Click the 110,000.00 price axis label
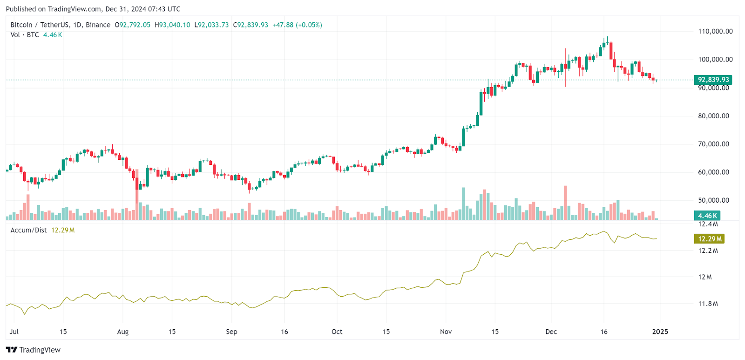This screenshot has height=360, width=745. click(715, 32)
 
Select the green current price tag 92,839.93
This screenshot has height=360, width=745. click(713, 80)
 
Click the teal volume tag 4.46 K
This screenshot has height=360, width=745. click(707, 216)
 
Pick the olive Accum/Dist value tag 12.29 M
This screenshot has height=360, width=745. click(709, 239)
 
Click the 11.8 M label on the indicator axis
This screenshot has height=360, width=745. click(708, 304)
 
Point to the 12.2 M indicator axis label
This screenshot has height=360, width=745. click(708, 251)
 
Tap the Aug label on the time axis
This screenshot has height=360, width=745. click(122, 332)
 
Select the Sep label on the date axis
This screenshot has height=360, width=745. click(231, 332)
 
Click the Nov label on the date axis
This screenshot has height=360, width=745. click(446, 332)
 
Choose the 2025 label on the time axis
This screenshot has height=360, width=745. click(660, 332)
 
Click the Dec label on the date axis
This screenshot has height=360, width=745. click(551, 332)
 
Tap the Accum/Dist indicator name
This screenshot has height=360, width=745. click(28, 230)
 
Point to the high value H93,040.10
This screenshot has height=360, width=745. click(172, 25)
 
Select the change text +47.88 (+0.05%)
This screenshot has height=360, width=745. click(297, 25)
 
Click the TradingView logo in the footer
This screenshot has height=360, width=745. click(34, 350)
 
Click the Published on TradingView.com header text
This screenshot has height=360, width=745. click(93, 9)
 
